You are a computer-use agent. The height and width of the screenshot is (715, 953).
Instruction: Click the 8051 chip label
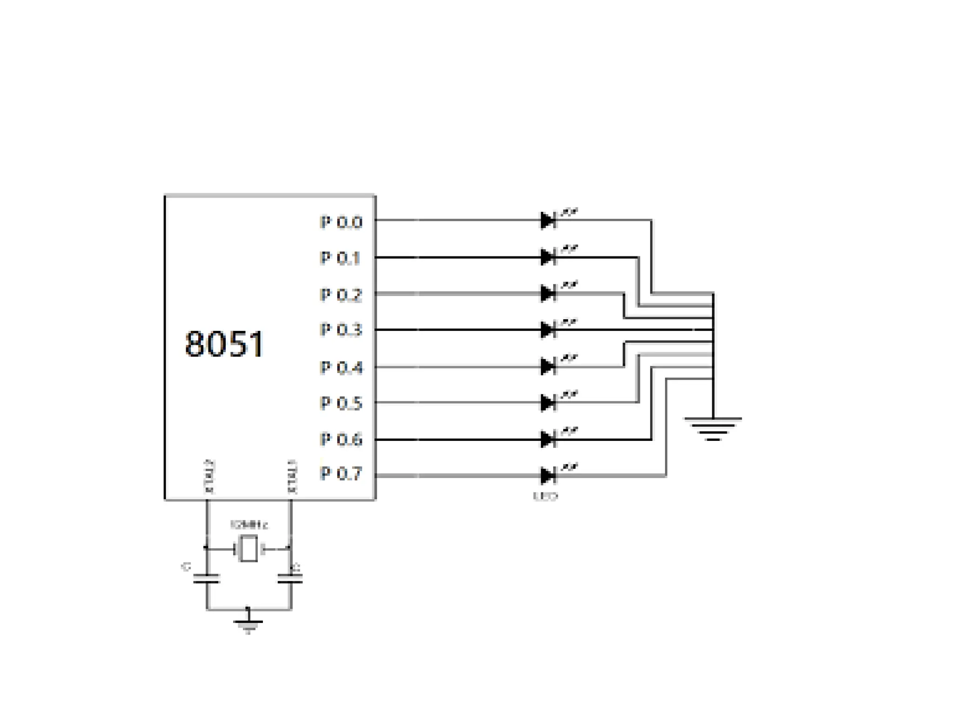224,344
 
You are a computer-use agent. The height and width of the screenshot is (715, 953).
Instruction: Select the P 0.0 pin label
341,222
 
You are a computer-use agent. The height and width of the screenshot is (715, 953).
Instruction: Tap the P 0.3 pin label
341,330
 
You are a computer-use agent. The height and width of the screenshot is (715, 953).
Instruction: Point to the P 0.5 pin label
341,403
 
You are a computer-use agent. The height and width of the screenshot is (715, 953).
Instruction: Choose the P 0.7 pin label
341,474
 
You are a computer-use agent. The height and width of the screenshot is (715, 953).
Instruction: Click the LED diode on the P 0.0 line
548,220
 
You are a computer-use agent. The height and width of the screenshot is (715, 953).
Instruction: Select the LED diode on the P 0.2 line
548,293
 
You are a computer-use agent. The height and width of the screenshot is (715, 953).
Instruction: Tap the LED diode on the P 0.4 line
548,366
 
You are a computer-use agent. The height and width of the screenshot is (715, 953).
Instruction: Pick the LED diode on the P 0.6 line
548,439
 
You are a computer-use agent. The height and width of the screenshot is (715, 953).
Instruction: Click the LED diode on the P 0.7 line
548,475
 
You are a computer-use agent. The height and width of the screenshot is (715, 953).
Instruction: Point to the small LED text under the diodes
545,497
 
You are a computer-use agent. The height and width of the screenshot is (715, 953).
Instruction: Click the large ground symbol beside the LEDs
712,428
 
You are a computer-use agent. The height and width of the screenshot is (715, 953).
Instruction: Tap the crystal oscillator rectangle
248,549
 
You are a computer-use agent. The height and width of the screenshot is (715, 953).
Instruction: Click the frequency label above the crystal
249,525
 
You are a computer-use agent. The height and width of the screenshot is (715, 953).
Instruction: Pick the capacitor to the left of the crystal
207,579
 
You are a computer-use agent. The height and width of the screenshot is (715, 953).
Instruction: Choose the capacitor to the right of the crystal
290,579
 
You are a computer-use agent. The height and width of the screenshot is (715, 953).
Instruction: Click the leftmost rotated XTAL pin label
209,476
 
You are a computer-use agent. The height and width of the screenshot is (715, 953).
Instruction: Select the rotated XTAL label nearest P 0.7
292,476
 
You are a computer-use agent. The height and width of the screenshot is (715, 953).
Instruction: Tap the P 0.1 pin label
340,258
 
